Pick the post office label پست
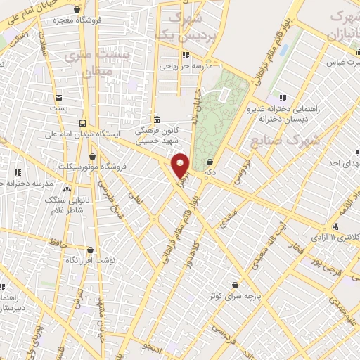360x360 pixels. click(62, 108)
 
